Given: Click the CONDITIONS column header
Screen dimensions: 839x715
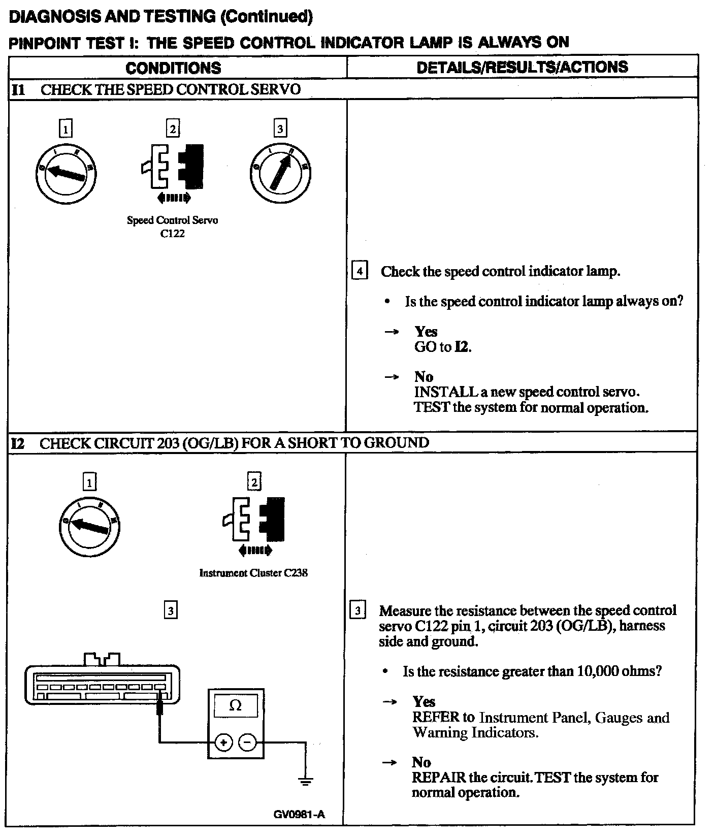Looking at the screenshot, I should (x=173, y=68).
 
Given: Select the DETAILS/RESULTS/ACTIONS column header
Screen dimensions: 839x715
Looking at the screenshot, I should (x=522, y=67).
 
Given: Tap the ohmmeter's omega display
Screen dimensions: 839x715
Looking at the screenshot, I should (x=236, y=705).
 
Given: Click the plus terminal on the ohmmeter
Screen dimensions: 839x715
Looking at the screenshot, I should (x=223, y=743).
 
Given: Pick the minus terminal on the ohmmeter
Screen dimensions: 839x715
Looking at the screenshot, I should (x=247, y=743).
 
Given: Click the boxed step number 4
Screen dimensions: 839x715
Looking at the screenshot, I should (x=360, y=271).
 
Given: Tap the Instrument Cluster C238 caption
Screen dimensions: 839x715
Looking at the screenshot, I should (x=253, y=573).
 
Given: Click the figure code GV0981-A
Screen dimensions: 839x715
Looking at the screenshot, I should (x=299, y=815).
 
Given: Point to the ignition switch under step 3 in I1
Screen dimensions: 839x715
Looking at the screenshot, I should (x=280, y=173).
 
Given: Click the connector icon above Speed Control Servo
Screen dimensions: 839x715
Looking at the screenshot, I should (x=172, y=166).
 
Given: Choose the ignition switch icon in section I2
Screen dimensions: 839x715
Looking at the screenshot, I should (x=89, y=527).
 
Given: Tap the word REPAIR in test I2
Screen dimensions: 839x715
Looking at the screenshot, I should (x=438, y=778).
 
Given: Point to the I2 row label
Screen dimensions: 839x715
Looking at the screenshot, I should (x=18, y=443).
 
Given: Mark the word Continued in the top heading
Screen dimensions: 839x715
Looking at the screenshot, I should (x=266, y=17).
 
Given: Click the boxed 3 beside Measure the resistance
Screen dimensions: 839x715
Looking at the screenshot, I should (x=358, y=610).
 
